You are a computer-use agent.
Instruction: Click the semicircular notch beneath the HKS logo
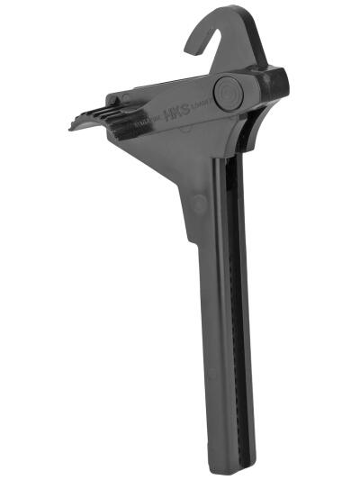click(180, 130)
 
